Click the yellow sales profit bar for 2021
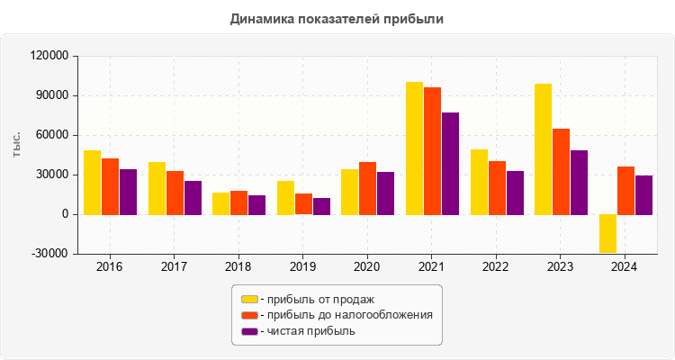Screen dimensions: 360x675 tap(414, 148)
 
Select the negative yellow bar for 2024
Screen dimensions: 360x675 tap(607, 233)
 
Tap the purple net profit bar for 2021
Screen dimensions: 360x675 tap(450, 164)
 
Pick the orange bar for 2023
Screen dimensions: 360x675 tap(561, 172)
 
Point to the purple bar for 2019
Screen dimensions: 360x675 tap(321, 206)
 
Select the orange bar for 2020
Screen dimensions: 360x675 tap(367, 188)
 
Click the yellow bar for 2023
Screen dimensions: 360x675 tap(543, 149)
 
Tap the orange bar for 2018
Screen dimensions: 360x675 tap(238, 202)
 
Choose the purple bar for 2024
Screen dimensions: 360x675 tap(643, 195)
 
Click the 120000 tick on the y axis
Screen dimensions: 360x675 tap(49, 56)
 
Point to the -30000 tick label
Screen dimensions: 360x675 tap(49, 254)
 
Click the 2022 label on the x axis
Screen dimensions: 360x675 tap(496, 267)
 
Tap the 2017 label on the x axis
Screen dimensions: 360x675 tap(174, 267)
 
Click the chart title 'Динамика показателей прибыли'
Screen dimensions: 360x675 tap(337, 18)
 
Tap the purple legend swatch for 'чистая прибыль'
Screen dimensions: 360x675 tap(249, 331)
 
